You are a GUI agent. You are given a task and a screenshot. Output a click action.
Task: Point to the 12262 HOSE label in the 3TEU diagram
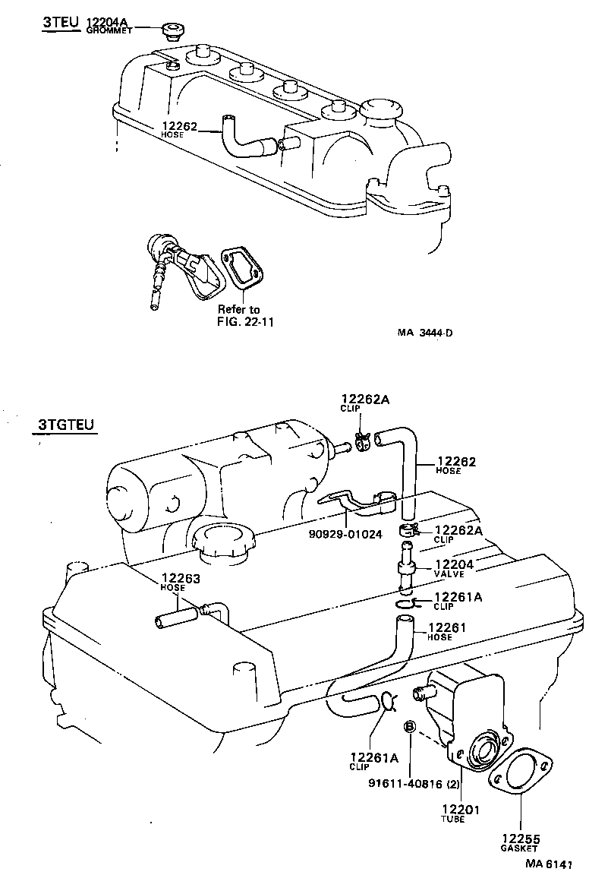(x=178, y=129)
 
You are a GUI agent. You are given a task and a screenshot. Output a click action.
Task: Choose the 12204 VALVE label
(x=454, y=568)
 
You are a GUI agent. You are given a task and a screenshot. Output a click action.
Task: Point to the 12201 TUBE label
(x=461, y=813)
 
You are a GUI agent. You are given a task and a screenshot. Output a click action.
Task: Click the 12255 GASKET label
(x=520, y=842)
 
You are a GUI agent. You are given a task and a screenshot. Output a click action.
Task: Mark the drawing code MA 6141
(x=545, y=863)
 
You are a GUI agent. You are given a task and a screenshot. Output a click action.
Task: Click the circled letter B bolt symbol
(x=408, y=727)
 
